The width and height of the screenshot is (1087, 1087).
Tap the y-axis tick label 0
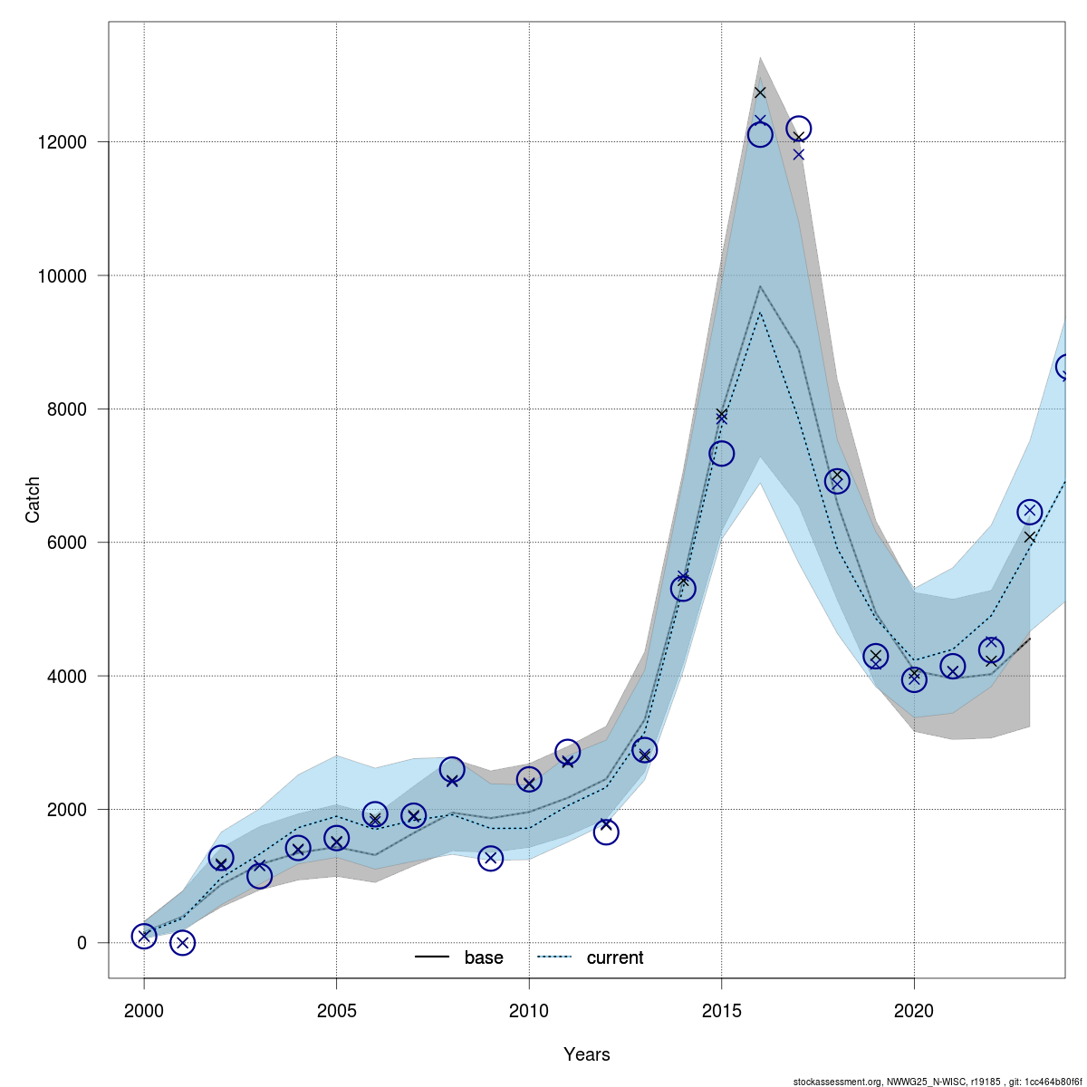(x=82, y=943)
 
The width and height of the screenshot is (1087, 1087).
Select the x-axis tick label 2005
(x=336, y=1010)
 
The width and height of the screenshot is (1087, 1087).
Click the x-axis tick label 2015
(x=721, y=1010)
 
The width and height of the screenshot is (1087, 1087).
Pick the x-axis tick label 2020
(x=914, y=1010)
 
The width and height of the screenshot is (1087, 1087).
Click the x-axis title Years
(x=586, y=1054)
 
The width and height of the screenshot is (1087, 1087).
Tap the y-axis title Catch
(x=33, y=499)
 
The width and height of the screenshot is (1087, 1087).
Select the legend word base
(x=484, y=957)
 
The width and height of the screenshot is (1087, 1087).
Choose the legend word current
(x=615, y=957)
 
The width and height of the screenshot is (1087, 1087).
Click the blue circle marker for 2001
(x=182, y=943)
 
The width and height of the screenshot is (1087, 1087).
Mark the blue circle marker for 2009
(x=490, y=858)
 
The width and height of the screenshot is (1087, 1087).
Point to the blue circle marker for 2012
(x=606, y=832)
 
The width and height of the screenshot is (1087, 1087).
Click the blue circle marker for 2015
(x=721, y=454)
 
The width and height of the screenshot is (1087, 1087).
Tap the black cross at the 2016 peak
(x=760, y=92)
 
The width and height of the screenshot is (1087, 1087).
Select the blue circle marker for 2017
(x=798, y=129)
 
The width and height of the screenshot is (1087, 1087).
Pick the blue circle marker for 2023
(x=1029, y=512)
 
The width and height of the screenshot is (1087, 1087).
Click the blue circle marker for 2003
(x=259, y=876)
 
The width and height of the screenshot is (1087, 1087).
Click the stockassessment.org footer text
(x=938, y=1082)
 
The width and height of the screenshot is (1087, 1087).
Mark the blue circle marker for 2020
(x=914, y=679)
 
